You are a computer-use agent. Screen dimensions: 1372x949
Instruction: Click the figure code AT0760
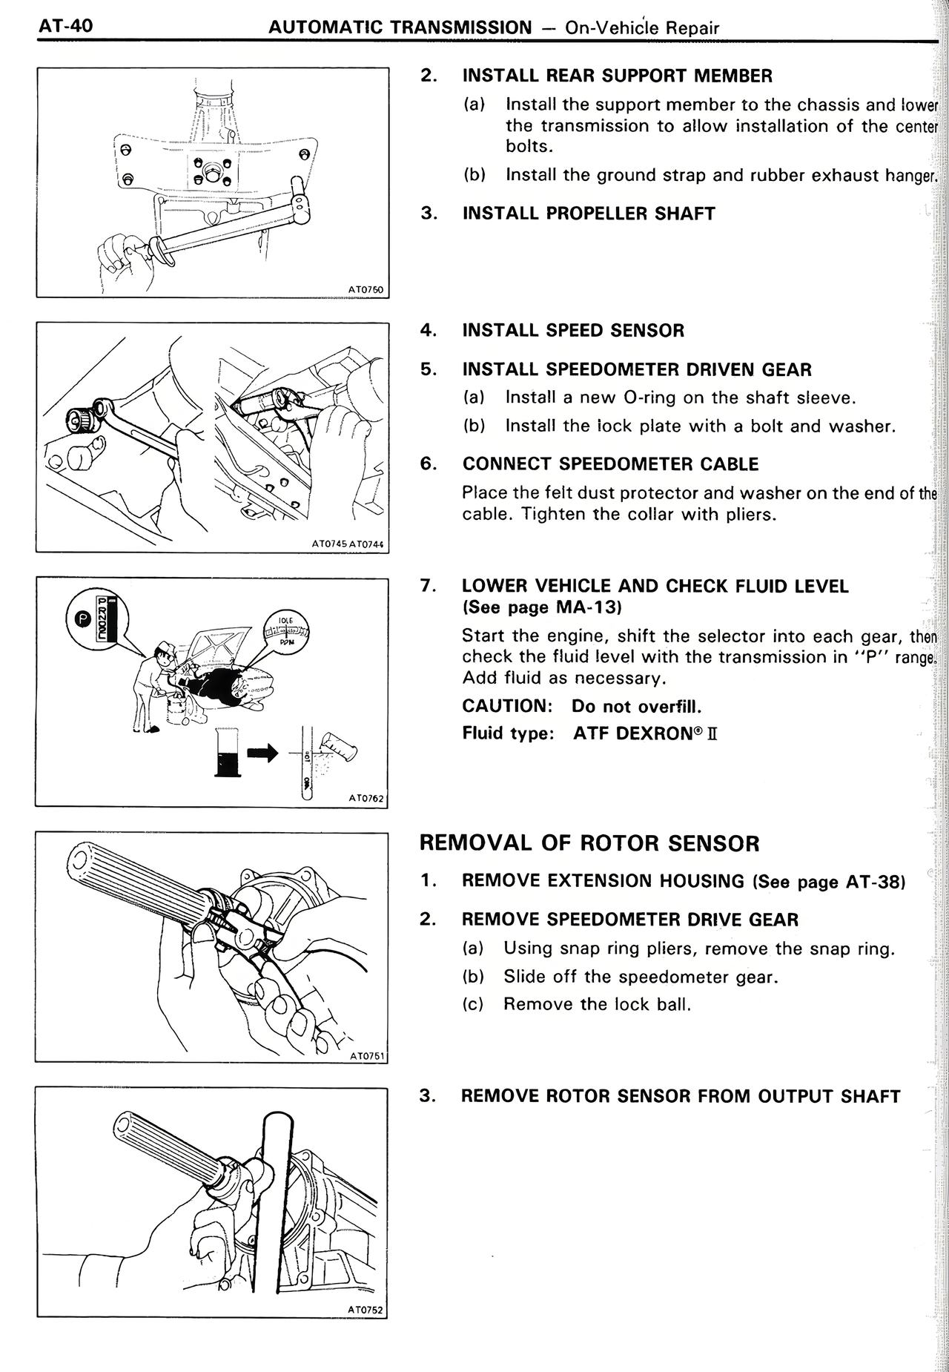click(x=365, y=290)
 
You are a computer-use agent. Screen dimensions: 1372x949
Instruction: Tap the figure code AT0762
click(x=366, y=798)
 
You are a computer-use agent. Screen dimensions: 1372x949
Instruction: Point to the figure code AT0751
click(x=366, y=1055)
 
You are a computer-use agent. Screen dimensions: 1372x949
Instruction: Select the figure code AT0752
click(x=366, y=1310)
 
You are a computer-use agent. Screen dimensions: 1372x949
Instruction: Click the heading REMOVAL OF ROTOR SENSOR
click(x=589, y=843)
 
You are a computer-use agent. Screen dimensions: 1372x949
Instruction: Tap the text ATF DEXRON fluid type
click(x=645, y=733)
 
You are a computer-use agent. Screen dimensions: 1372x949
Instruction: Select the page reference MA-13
click(x=587, y=607)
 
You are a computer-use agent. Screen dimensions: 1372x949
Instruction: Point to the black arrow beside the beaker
click(x=262, y=753)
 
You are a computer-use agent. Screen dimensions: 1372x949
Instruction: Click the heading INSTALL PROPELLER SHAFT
click(x=589, y=214)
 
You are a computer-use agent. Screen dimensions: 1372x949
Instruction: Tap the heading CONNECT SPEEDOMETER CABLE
click(x=610, y=464)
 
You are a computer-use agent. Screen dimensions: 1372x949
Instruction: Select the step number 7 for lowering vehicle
click(x=426, y=585)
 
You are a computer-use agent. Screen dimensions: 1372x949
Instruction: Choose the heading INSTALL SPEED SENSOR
click(x=573, y=331)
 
